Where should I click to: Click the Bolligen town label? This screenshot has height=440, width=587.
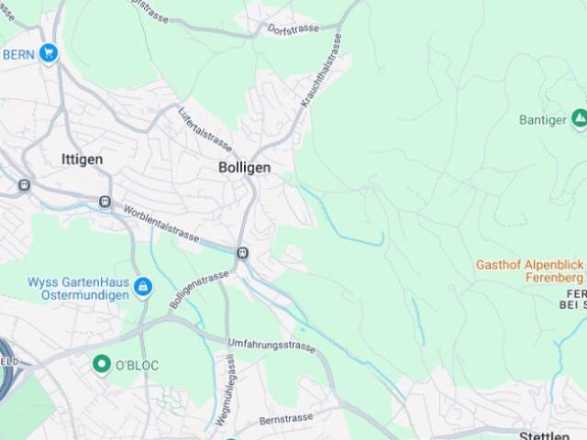coord(245,168)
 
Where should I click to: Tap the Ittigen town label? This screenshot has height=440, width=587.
coord(82,159)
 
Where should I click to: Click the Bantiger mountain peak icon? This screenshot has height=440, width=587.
coord(579,118)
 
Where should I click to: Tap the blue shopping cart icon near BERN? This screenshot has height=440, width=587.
coord(49,53)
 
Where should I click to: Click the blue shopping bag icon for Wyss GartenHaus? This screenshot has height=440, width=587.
coord(143,288)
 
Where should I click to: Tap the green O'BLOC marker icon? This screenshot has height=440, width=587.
coord(102,364)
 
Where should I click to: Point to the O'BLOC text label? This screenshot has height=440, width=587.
coord(137,366)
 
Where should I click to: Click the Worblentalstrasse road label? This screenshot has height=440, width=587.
coord(161,222)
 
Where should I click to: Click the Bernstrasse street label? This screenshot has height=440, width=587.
coord(286,418)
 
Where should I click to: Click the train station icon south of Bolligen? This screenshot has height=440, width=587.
coord(242,253)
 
